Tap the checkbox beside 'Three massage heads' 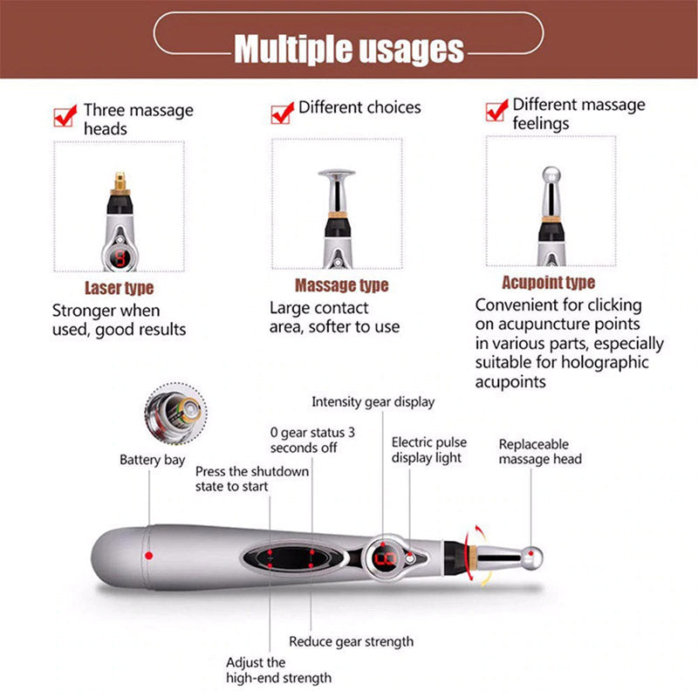pyautogui.click(x=64, y=115)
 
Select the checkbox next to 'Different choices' pyautogui.click(x=282, y=113)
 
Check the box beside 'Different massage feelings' pyautogui.click(x=496, y=111)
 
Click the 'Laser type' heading pyautogui.click(x=120, y=287)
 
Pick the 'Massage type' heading pyautogui.click(x=341, y=285)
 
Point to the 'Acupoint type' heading pyautogui.click(x=548, y=282)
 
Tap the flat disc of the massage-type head pyautogui.click(x=335, y=174)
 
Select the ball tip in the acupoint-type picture pyautogui.click(x=550, y=174)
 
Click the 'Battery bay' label pyautogui.click(x=152, y=459)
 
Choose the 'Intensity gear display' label pyautogui.click(x=373, y=402)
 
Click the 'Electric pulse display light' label pyautogui.click(x=427, y=449)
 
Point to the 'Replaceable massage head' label pyautogui.click(x=540, y=451)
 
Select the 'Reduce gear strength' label pyautogui.click(x=351, y=641)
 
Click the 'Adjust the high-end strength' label pyautogui.click(x=278, y=670)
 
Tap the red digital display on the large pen pyautogui.click(x=382, y=557)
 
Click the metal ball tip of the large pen pyautogui.click(x=532, y=555)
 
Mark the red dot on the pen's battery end pyautogui.click(x=149, y=555)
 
